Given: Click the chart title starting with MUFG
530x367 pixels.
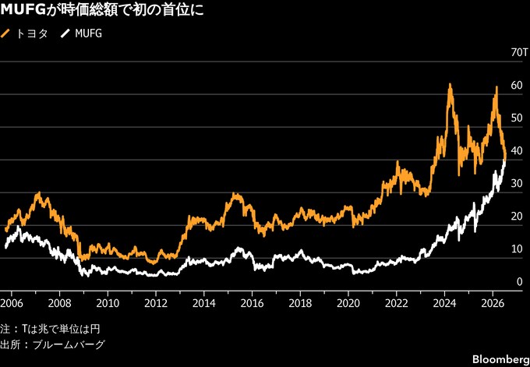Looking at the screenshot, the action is pyautogui.click(x=102, y=10).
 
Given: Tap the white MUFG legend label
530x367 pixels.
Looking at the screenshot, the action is pyautogui.click(x=88, y=34).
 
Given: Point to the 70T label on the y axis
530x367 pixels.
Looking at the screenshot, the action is pyautogui.click(x=520, y=53).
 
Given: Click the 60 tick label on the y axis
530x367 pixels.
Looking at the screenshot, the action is pyautogui.click(x=518, y=86).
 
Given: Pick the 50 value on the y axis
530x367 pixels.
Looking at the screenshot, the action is pyautogui.click(x=518, y=118).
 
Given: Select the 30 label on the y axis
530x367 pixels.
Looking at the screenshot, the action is pyautogui.click(x=518, y=184).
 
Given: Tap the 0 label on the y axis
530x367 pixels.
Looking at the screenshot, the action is pyautogui.click(x=519, y=282).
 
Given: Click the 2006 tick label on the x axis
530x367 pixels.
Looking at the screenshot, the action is pyautogui.click(x=12, y=303).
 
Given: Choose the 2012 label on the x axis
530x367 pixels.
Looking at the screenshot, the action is pyautogui.click(x=156, y=303).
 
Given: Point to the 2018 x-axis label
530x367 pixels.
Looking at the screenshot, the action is pyautogui.click(x=300, y=303).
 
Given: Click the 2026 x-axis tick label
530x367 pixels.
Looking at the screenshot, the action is pyautogui.click(x=493, y=303).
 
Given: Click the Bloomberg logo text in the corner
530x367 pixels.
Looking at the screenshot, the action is pyautogui.click(x=501, y=359).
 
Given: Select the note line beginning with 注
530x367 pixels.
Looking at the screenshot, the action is pyautogui.click(x=50, y=329).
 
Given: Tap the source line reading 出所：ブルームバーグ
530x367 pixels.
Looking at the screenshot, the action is pyautogui.click(x=53, y=345).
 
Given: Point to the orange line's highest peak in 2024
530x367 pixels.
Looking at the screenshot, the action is pyautogui.click(x=450, y=83).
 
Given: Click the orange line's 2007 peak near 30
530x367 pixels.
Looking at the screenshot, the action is pyautogui.click(x=39, y=192).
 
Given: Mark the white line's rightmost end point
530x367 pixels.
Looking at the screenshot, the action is pyautogui.click(x=504, y=161).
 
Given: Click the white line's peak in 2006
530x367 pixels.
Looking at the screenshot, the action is pyautogui.click(x=18, y=227).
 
